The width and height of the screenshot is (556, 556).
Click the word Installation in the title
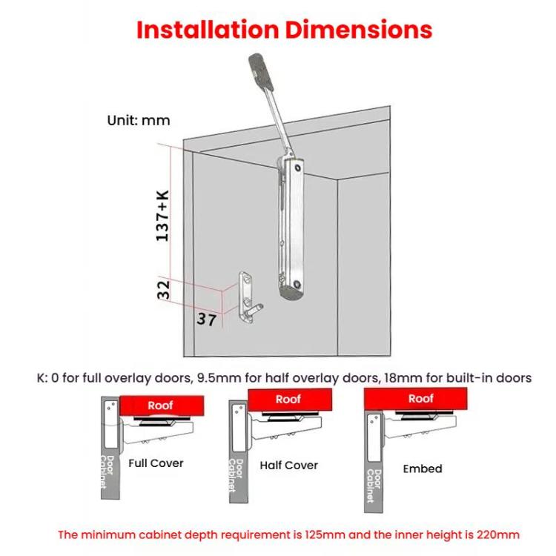pyautogui.click(x=207, y=30)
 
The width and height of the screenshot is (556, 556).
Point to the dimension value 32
pyautogui.click(x=164, y=289)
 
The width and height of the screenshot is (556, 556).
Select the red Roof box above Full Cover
pyautogui.click(x=160, y=406)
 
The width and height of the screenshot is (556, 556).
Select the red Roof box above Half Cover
pyautogui.click(x=288, y=400)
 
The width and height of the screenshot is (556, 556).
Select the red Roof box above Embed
pyautogui.click(x=420, y=399)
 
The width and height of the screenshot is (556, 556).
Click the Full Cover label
pyautogui.click(x=156, y=463)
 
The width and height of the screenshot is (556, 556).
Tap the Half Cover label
pyautogui.click(x=288, y=466)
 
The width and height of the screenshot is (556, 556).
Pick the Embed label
pyautogui.click(x=422, y=469)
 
